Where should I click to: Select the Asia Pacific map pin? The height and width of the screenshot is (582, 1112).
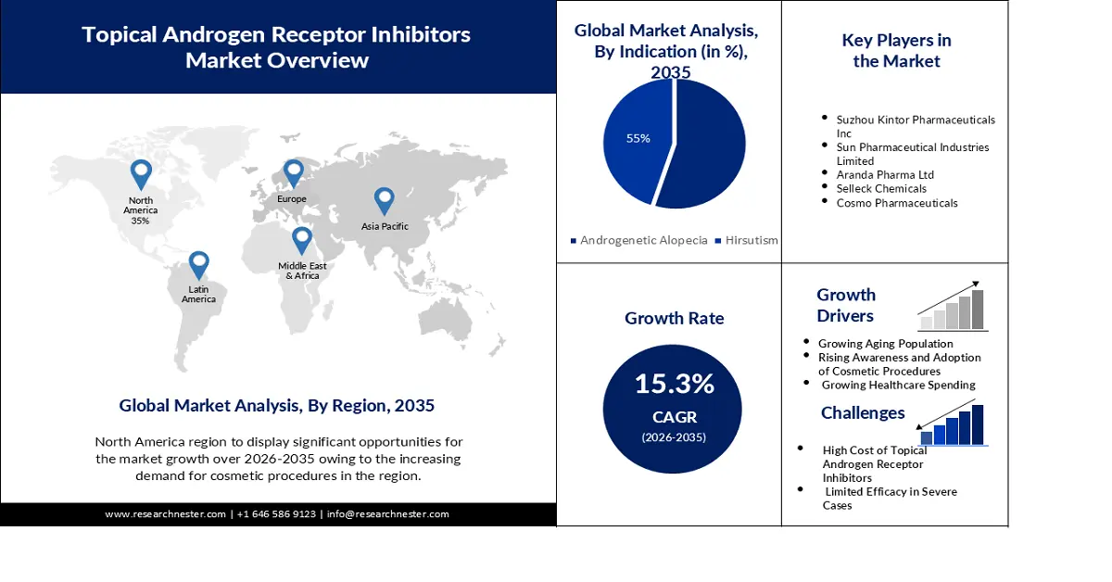(x=384, y=200)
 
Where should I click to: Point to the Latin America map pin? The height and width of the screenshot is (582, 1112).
(x=198, y=265)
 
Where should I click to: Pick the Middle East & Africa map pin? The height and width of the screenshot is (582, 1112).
(x=302, y=240)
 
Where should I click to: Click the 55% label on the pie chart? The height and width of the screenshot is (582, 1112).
(x=638, y=138)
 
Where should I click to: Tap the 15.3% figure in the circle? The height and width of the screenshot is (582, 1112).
(x=674, y=383)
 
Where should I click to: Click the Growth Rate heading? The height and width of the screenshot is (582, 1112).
(x=674, y=318)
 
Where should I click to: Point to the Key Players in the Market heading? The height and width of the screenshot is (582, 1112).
(x=896, y=51)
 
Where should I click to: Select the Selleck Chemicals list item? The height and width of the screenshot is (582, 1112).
(x=881, y=188)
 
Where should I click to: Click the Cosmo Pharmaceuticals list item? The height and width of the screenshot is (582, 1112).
(x=896, y=202)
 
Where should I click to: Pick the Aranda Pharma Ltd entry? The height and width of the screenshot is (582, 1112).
(x=885, y=174)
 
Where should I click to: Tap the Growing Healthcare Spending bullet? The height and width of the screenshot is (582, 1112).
(x=898, y=385)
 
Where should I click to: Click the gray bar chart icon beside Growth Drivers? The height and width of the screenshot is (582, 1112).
(x=952, y=309)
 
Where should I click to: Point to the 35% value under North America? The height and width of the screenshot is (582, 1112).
(x=140, y=221)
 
